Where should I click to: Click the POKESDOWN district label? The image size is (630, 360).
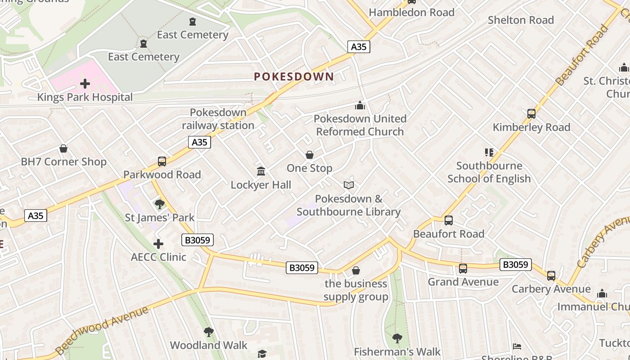point(294,76)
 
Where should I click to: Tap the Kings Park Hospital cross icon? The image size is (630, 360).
point(85,84)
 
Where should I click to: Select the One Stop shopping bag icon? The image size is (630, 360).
point(310,155)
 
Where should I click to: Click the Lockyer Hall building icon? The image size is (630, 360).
point(261,171)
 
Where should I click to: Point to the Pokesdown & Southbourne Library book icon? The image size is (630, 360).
point(349,185)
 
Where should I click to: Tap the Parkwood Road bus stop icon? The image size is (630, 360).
point(162,162)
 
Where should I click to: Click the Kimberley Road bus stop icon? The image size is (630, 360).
point(531,114)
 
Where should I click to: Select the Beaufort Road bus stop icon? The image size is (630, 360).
point(449,220)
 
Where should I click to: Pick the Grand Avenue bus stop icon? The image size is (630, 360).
point(463,269)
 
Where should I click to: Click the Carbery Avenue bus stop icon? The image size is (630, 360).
point(551,275)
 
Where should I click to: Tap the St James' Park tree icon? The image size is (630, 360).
point(160,204)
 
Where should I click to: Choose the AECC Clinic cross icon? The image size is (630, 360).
point(158,244)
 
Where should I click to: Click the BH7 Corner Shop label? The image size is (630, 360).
point(64,162)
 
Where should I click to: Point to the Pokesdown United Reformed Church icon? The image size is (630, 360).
point(360,105)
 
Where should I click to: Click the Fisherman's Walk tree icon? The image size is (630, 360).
point(397,338)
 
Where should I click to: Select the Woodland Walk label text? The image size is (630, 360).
point(209,346)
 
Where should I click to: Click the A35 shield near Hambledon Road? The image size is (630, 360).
point(359,46)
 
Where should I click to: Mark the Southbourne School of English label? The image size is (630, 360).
point(489,172)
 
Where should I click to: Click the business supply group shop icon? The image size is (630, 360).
point(356,270)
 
